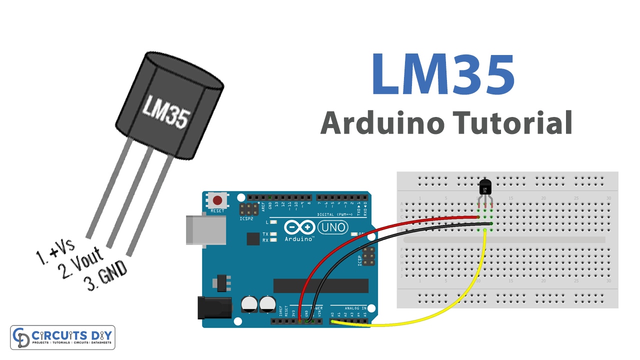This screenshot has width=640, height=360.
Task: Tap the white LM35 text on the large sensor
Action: click(x=166, y=111)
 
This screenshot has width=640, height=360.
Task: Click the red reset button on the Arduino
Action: click(x=217, y=201)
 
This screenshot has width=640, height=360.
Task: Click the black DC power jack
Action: click(x=214, y=307)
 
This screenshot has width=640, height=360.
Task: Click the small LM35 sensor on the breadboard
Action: click(x=485, y=188)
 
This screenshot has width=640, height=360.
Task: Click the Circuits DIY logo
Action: click(x=62, y=337)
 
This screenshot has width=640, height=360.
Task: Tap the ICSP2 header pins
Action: click(x=248, y=209)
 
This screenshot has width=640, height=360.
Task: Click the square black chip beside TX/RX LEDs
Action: click(x=253, y=238)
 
